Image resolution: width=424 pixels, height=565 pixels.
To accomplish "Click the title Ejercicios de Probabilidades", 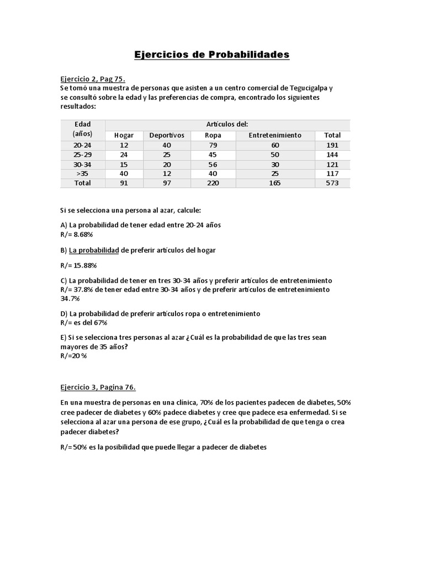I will tap(212, 55).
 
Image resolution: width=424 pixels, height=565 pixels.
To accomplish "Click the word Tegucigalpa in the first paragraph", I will tap(304, 88).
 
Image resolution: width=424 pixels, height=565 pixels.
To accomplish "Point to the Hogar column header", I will tap(124, 135).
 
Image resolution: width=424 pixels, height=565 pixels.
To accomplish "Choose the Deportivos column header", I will tap(167, 135).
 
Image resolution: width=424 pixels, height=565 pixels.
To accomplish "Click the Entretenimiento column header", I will tap(275, 135).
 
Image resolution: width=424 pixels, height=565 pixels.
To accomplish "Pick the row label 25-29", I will tap(83, 155).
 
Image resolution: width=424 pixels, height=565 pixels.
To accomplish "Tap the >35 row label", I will tap(83, 174).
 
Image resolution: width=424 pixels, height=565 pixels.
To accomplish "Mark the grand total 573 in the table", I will tap(332, 183).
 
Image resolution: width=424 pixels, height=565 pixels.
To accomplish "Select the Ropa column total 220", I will tap(213, 183).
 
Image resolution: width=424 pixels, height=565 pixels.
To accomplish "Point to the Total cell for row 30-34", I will tap(332, 164).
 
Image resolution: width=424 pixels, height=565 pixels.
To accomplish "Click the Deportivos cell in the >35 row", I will tap(167, 174).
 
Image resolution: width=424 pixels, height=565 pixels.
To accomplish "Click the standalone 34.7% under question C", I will tap(70, 298).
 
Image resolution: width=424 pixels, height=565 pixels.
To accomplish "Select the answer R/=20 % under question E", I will tap(73, 355).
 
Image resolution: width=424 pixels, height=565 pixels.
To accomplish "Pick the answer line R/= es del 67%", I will tap(83, 322).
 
